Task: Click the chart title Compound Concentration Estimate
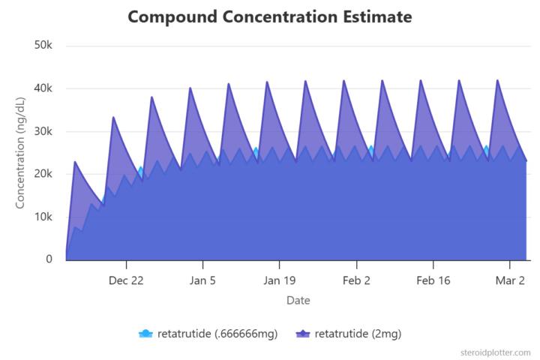(269, 16)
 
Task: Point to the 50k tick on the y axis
(43, 46)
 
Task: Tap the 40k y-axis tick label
(43, 88)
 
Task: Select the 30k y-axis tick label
(43, 131)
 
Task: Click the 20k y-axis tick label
(43, 174)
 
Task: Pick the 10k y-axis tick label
(43, 217)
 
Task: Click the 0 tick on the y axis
(49, 259)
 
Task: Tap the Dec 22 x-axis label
(126, 280)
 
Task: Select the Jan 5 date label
(202, 280)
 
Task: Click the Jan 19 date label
(279, 280)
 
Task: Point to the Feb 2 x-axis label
(356, 280)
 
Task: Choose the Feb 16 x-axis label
(433, 280)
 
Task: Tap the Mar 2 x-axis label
(510, 280)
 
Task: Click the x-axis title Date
(298, 301)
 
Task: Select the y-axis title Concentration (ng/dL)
(20, 153)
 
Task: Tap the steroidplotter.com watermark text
(496, 352)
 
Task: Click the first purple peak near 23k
(75, 162)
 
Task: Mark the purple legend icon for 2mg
(302, 334)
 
